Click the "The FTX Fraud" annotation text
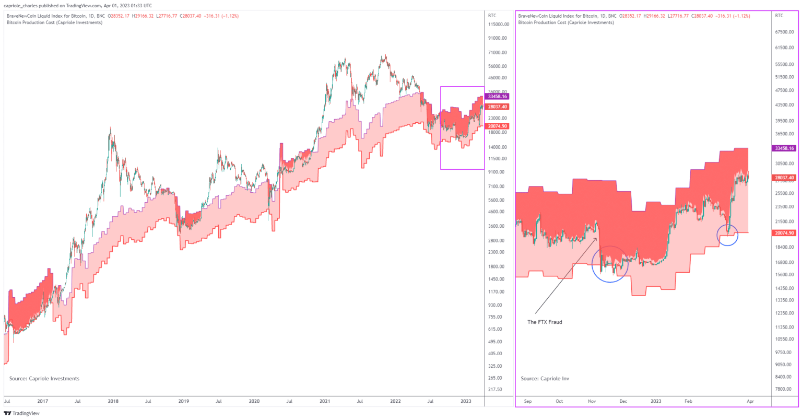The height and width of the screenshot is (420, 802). (545, 322)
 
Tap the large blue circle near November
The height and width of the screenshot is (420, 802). (609, 264)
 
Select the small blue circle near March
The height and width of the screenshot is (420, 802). (727, 235)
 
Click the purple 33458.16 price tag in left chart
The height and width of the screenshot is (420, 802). (497, 97)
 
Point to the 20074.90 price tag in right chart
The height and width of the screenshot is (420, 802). (784, 233)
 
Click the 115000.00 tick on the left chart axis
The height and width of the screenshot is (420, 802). (498, 25)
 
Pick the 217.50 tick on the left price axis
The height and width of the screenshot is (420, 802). (495, 390)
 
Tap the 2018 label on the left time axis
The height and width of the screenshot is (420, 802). (113, 401)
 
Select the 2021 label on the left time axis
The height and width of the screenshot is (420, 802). (325, 401)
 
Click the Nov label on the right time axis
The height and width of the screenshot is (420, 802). (592, 401)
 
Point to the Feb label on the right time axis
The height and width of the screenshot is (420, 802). (688, 401)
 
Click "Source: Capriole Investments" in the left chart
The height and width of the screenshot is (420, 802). (44, 379)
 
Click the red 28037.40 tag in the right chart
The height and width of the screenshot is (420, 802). (784, 178)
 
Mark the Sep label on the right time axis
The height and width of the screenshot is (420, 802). (527, 401)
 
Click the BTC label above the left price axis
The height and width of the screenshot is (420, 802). (492, 16)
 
